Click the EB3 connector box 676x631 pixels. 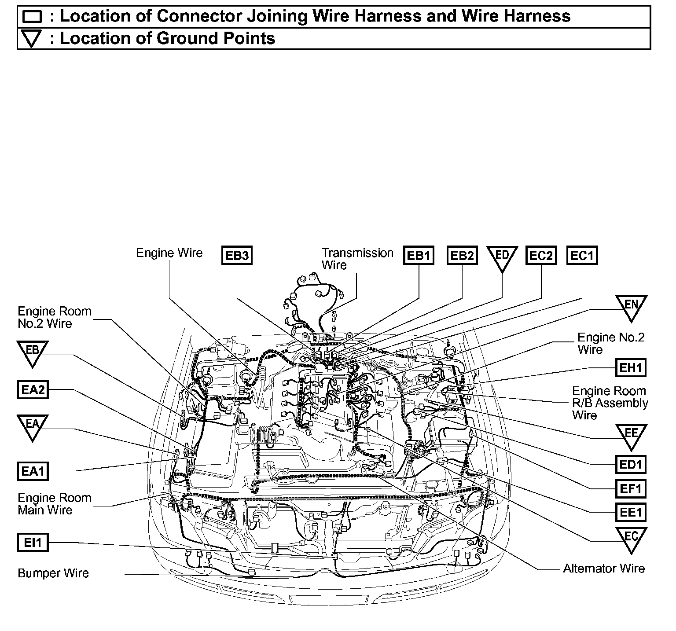(x=237, y=256)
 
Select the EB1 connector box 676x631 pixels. (x=419, y=256)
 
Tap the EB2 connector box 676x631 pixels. (x=462, y=256)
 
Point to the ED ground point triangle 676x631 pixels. (x=502, y=257)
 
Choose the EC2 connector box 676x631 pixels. (x=541, y=256)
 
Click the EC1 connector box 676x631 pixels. (x=582, y=256)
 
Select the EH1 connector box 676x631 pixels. (x=631, y=368)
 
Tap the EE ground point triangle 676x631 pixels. (x=631, y=435)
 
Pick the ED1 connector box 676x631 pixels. (x=631, y=464)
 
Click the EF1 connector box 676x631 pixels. (x=631, y=488)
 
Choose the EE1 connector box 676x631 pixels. (x=631, y=512)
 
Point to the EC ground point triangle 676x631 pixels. (x=631, y=538)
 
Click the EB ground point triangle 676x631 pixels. (x=33, y=352)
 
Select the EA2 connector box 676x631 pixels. (x=33, y=390)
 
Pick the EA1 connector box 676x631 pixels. (x=33, y=471)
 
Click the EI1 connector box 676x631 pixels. (x=33, y=543)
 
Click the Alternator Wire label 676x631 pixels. (x=604, y=569)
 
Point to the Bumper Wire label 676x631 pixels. (x=53, y=573)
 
